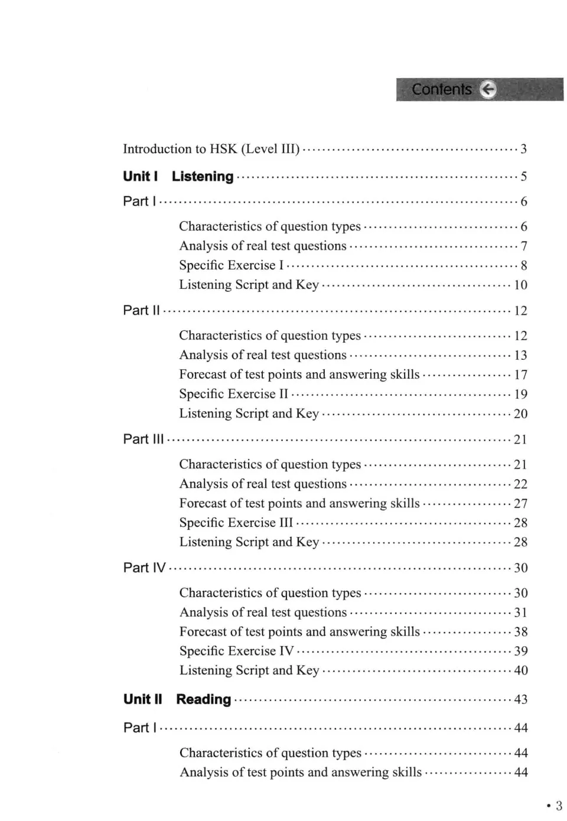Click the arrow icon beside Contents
pos(488,89)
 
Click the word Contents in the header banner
pos(442,89)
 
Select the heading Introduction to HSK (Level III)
pos(211,149)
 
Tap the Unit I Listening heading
pos(178,176)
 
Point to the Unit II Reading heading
pos(177,699)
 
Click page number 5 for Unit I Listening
pos(523,177)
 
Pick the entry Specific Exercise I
pos(231,265)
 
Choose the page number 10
pos(520,285)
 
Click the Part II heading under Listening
pos(141,310)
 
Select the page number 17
pos(520,375)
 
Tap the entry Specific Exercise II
pos(233,394)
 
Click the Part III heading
pos(144,439)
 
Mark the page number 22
pos(520,484)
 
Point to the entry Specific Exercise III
pos(236,523)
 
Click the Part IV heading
pos(144,568)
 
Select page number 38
pos(520,632)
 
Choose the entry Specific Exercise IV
pos(236,651)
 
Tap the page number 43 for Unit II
pos(520,700)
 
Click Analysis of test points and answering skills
pos(301,772)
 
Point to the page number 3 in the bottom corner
pos(558,806)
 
